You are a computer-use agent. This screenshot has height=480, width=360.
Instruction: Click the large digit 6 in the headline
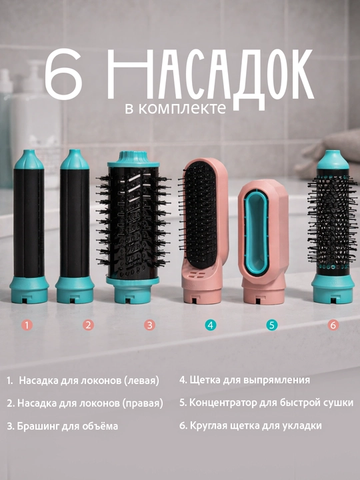click(x=64, y=75)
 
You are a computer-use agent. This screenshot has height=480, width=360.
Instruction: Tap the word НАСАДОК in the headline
click(x=211, y=78)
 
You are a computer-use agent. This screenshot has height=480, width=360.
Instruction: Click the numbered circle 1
click(x=27, y=325)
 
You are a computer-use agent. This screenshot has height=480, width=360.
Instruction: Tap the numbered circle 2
click(x=88, y=325)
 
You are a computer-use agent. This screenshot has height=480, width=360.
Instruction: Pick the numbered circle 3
click(x=150, y=325)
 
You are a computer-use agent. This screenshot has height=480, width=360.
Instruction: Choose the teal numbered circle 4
click(x=210, y=325)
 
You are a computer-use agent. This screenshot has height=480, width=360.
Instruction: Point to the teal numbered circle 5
click(x=272, y=325)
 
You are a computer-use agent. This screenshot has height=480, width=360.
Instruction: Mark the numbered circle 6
click(x=333, y=325)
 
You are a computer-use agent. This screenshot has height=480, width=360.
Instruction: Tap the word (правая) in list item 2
click(x=143, y=403)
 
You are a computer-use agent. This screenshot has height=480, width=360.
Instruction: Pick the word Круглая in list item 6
click(x=207, y=426)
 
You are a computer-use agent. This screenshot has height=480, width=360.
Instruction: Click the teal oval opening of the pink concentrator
click(x=256, y=232)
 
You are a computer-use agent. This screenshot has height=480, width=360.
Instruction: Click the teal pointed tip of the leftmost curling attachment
click(x=29, y=159)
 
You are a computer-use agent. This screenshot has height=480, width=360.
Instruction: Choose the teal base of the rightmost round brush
click(x=333, y=289)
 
